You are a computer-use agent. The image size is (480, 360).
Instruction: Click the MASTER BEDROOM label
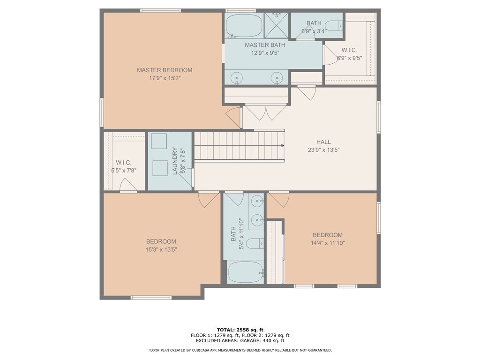165,70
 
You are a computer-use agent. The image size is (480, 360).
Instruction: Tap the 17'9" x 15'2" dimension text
165,78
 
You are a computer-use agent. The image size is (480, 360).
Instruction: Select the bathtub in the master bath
244,25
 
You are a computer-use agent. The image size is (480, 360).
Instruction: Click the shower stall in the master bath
276,25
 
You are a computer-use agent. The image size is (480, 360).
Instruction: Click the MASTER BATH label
265,45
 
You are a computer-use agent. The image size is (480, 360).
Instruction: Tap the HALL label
323,142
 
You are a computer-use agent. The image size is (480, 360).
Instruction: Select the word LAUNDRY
175,161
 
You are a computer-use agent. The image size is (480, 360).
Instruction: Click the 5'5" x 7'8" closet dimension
124,171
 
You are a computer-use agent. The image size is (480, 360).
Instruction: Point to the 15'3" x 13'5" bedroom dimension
161,249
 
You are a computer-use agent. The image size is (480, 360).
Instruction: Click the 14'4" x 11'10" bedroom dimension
328,243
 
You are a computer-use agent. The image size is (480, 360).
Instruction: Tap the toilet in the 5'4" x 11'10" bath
255,244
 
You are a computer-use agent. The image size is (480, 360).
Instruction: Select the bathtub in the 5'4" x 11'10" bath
246,272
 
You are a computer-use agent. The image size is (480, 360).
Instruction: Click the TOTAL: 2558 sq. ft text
240,330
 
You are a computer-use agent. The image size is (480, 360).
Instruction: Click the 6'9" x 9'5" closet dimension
349,58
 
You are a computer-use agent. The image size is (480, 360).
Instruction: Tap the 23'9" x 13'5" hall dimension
323,150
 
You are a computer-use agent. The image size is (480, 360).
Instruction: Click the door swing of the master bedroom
234,118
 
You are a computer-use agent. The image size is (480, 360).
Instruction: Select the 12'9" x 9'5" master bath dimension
265,53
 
